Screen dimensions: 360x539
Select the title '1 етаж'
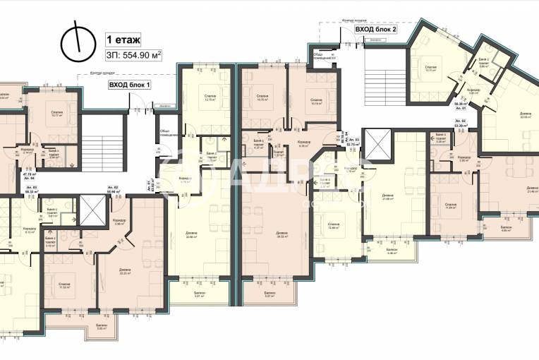point(122,40)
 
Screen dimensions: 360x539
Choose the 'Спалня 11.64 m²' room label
point(452,205)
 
